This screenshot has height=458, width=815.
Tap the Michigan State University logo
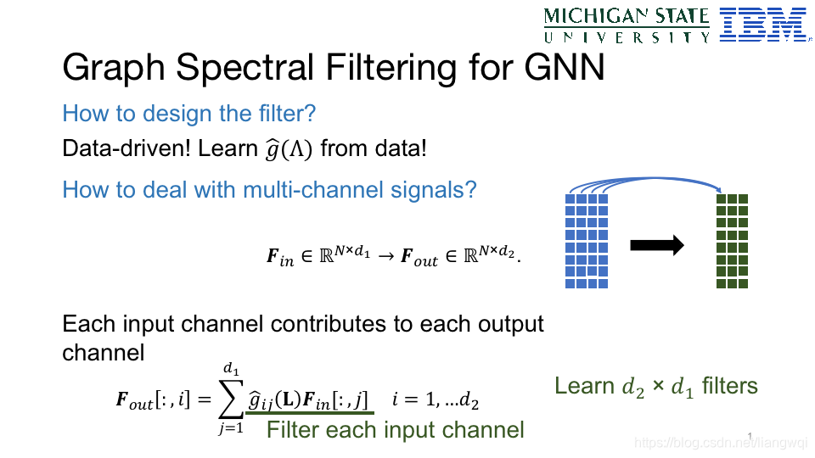627,25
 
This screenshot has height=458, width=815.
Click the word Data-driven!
126,149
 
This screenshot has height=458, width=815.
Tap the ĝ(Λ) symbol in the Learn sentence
288,149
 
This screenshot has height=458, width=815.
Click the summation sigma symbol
230,399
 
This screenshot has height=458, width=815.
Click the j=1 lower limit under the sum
230,427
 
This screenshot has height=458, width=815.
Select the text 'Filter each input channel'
395,430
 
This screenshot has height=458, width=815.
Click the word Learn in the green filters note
584,387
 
